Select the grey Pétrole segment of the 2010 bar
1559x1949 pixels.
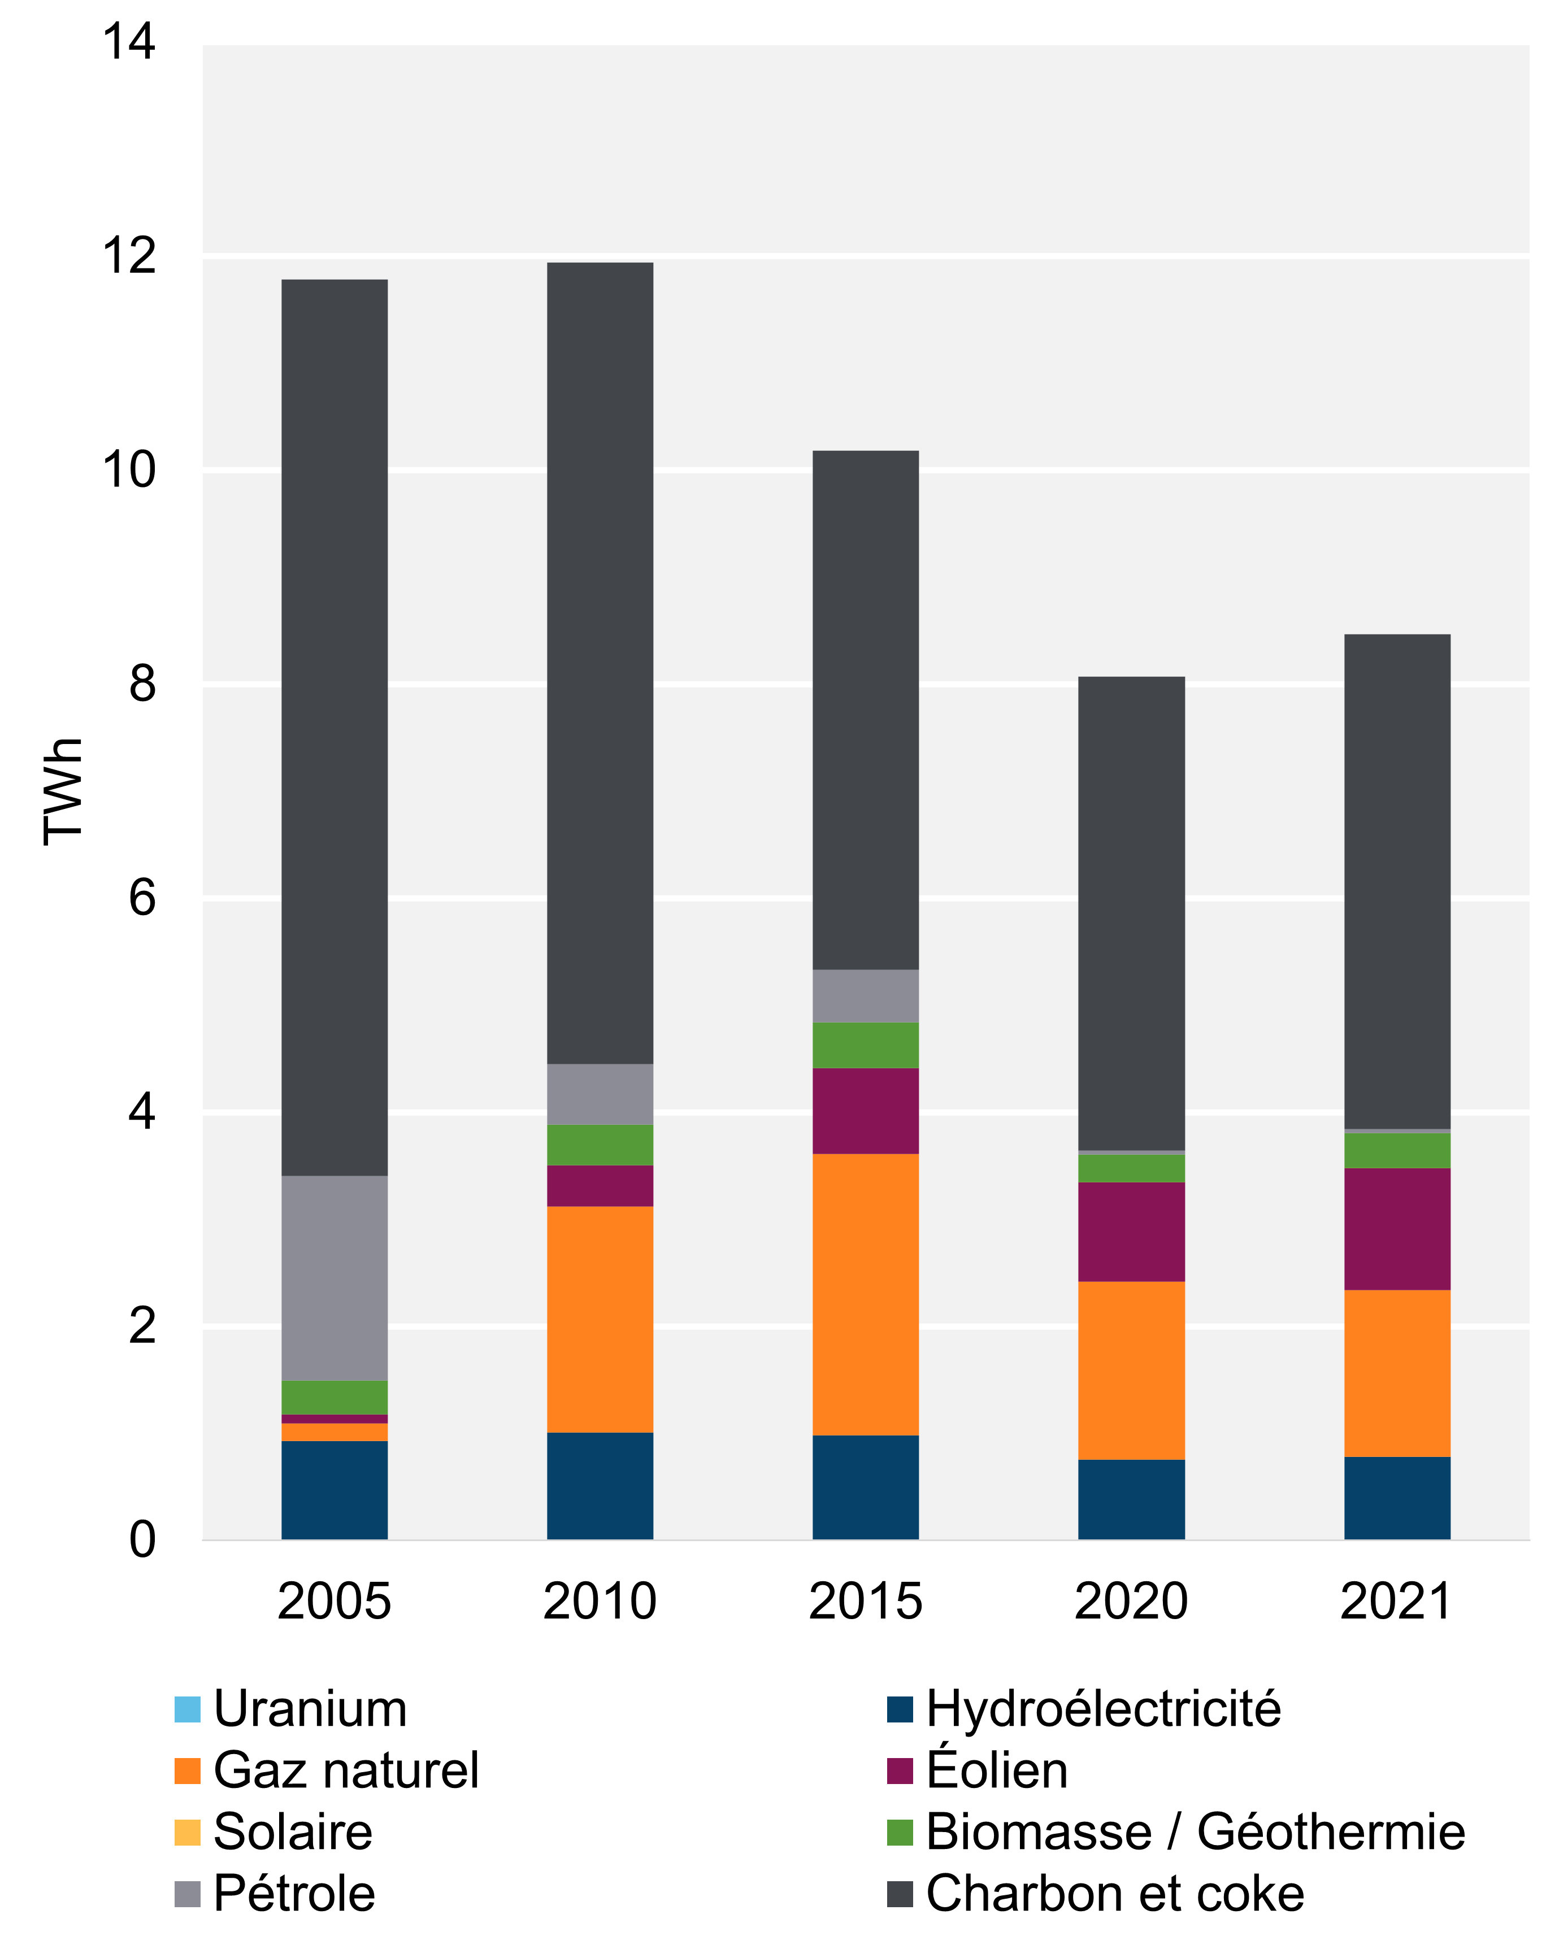point(600,1094)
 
